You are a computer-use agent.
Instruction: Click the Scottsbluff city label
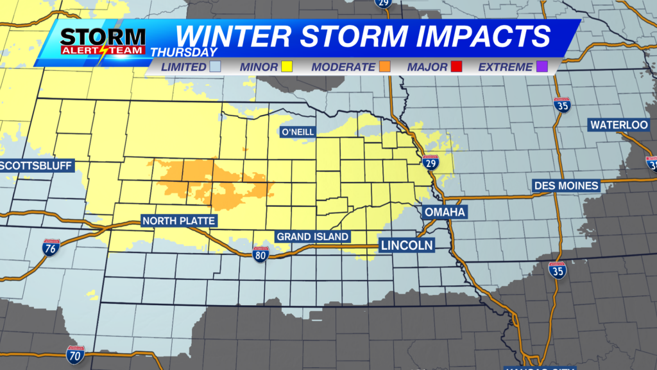36,166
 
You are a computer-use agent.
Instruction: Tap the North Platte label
179,221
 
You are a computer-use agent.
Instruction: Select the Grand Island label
312,237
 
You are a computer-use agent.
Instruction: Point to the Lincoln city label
406,245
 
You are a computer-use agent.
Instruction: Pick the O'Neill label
298,132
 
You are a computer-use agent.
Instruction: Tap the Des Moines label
566,186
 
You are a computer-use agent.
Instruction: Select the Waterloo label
619,125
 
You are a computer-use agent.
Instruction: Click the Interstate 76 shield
51,247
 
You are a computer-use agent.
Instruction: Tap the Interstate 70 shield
75,353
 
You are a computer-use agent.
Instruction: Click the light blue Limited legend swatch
216,67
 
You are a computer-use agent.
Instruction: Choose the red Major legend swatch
457,67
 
